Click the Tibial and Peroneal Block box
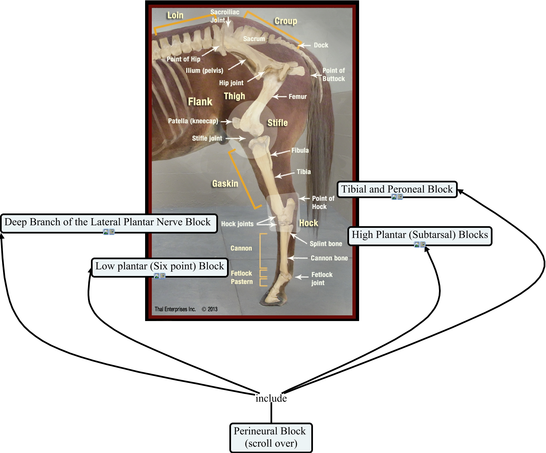tap(397, 189)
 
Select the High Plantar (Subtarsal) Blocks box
tap(420, 235)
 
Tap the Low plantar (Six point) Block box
tap(159, 266)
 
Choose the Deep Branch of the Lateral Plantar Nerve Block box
tap(108, 222)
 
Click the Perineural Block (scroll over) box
tap(270, 437)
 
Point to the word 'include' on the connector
tap(271, 398)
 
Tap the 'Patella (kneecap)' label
tap(193, 121)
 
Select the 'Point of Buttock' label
tap(333, 74)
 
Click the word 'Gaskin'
tap(225, 183)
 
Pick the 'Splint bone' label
tap(326, 244)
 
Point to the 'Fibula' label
tap(300, 150)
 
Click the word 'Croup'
tap(286, 21)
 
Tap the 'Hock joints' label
tap(237, 224)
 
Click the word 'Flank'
tap(200, 102)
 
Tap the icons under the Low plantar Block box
tap(159, 276)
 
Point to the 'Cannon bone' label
tap(329, 258)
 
